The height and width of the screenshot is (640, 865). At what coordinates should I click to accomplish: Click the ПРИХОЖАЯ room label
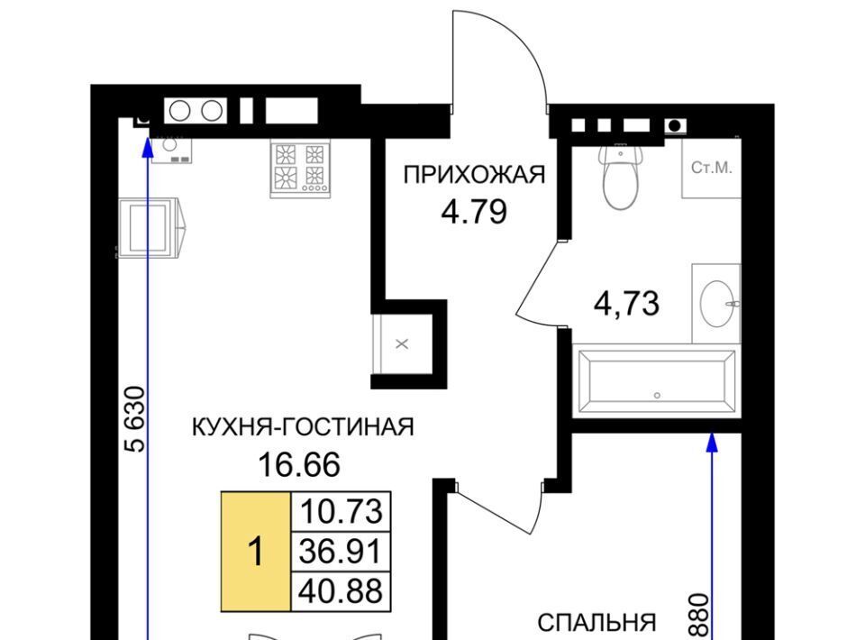pos(475,175)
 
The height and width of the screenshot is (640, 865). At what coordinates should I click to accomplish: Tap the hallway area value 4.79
pos(474,211)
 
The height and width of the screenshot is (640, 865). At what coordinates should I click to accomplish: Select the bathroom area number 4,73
pos(626,304)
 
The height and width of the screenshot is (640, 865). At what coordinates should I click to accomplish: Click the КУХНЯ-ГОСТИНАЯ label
pos(303,427)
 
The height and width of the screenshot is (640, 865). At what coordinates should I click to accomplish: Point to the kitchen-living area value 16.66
pos(299,464)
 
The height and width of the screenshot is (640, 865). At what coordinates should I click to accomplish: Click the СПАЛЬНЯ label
pos(596,623)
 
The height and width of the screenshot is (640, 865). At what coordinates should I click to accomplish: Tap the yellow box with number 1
pos(255,551)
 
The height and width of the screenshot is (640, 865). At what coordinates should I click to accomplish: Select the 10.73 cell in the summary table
pos(341,511)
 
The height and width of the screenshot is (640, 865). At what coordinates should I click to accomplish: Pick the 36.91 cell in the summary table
pos(341,551)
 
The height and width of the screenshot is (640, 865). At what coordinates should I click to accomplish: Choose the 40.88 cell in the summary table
pos(341,591)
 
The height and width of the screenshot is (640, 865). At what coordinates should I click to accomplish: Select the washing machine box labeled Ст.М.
pos(711,168)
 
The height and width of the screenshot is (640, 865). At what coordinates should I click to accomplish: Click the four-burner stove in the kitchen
pos(301,168)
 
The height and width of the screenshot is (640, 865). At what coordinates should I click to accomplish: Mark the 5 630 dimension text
pos(136,419)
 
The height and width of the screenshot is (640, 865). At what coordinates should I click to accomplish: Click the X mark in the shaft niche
pos(402,344)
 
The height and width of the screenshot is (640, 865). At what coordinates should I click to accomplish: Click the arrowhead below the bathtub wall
pos(712,443)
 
